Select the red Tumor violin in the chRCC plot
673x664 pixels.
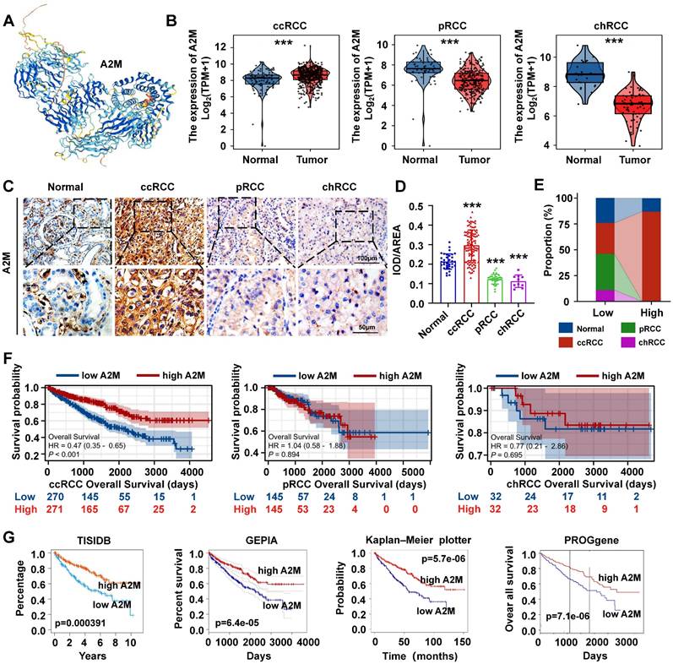[x=625, y=106]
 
